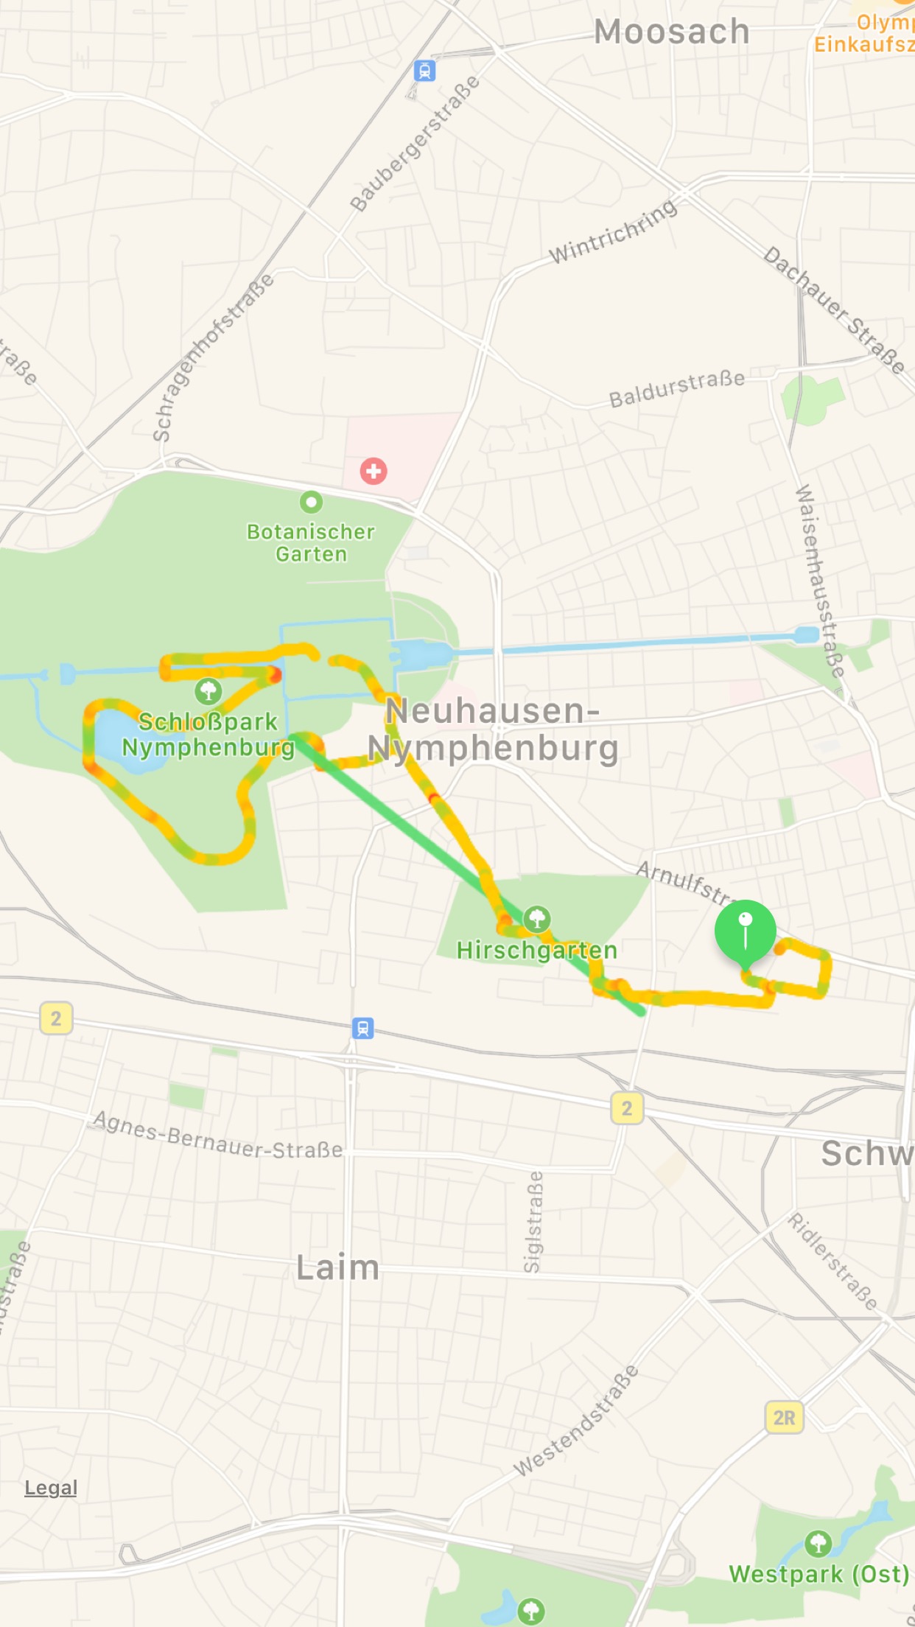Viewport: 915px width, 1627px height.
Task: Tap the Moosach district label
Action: click(671, 32)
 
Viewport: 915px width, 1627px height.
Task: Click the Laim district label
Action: click(337, 1268)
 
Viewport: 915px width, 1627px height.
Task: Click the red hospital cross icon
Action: click(374, 471)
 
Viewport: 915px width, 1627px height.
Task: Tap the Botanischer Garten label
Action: click(311, 542)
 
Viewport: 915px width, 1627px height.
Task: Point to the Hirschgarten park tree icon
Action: click(537, 919)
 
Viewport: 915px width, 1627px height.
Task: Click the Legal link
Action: click(51, 1488)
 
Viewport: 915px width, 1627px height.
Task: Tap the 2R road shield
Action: click(784, 1418)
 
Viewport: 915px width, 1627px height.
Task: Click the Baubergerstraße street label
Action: click(414, 144)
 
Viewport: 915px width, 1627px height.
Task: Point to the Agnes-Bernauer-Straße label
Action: click(218, 1136)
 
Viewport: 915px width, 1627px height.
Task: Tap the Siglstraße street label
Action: click(533, 1221)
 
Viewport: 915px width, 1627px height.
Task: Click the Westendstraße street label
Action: click(576, 1421)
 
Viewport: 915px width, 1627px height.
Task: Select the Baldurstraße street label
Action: click(676, 388)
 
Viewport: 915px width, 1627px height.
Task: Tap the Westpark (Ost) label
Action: click(818, 1574)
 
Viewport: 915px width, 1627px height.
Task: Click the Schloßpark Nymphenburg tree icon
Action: click(208, 691)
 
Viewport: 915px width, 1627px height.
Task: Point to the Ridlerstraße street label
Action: click(832, 1261)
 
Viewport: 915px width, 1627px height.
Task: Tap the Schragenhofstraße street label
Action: click(213, 357)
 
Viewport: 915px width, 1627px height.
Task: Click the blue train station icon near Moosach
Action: click(424, 71)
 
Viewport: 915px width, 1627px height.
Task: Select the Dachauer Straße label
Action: click(834, 309)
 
